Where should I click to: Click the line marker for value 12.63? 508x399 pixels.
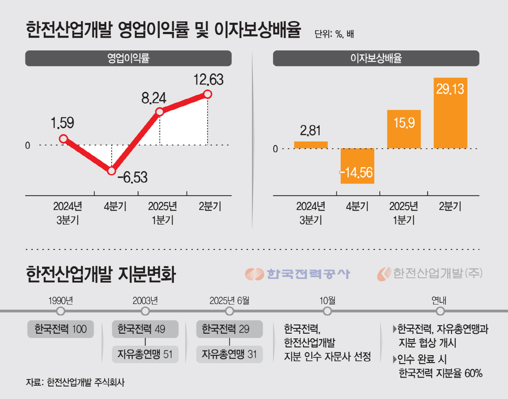coord(208,94)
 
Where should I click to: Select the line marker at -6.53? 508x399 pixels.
coord(112,170)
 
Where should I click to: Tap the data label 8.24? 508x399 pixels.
coord(153,98)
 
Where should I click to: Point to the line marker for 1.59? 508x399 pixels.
coord(64,139)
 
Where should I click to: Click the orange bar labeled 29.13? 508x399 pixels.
coord(450,113)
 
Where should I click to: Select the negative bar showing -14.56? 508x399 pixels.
coord(357,166)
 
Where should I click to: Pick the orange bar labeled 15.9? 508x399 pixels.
coord(404,129)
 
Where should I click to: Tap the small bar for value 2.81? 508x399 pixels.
coord(311,145)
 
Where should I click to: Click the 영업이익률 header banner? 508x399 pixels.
coord(128,58)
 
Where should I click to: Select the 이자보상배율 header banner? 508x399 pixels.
coord(376,58)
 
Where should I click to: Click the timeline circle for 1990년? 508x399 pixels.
coord(61,311)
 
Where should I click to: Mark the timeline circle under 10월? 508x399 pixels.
coord(327,311)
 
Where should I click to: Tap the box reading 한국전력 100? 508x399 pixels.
coord(61,329)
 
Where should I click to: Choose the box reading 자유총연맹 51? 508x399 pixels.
coord(145,354)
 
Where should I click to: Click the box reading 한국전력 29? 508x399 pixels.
coord(229,329)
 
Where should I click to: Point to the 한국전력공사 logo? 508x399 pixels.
coord(298,274)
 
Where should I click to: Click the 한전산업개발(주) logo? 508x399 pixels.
coord(430,273)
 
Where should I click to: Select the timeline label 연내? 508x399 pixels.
coord(439,301)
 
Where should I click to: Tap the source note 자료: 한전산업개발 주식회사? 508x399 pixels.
coord(75,382)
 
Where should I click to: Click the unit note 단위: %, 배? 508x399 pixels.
coord(334,34)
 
